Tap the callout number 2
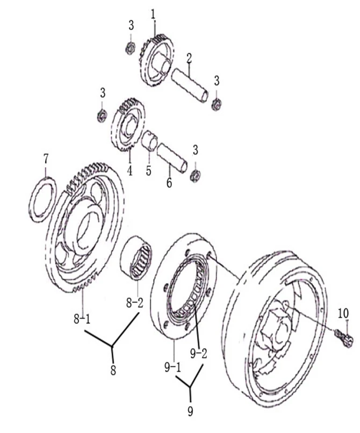tap(189, 57)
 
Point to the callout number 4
tap(129, 171)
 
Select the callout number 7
tap(46, 159)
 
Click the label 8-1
tap(82, 319)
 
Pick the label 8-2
tap(134, 303)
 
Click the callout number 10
tap(343, 313)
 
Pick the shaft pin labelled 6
tap(172, 158)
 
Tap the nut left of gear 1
tap(129, 48)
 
